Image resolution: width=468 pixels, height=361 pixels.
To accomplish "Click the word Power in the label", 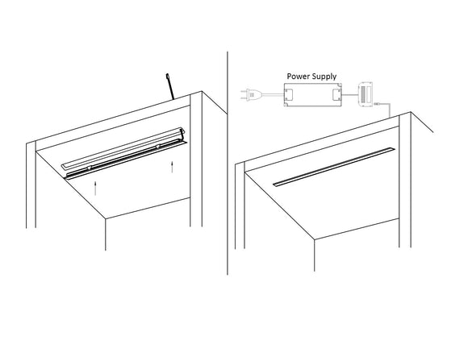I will [300, 76].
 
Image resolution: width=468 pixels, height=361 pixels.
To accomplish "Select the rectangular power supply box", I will [311, 96].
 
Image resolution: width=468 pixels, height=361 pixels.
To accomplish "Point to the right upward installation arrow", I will [173, 168].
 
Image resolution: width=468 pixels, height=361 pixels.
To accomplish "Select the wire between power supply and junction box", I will [348, 93].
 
